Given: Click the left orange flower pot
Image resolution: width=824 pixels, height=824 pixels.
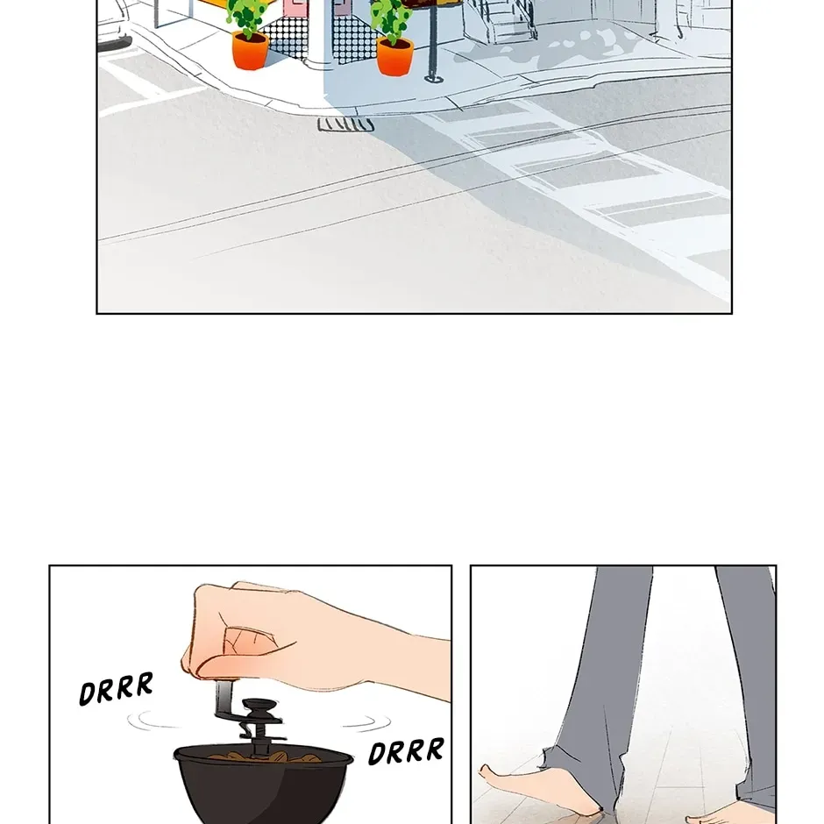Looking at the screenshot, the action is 250,51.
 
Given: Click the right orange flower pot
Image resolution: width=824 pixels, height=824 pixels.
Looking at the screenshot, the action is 394,57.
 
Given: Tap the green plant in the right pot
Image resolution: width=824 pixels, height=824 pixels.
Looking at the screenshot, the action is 391,21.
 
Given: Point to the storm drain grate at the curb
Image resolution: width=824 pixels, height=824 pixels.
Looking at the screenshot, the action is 345,125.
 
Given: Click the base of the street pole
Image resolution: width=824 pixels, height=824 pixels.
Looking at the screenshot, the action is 433,79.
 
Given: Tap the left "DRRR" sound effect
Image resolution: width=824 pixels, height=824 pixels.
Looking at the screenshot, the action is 116,688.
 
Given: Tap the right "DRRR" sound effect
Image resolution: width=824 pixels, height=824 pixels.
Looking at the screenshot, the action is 406,751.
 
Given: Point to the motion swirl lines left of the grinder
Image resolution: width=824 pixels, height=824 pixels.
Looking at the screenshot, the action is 153,721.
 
